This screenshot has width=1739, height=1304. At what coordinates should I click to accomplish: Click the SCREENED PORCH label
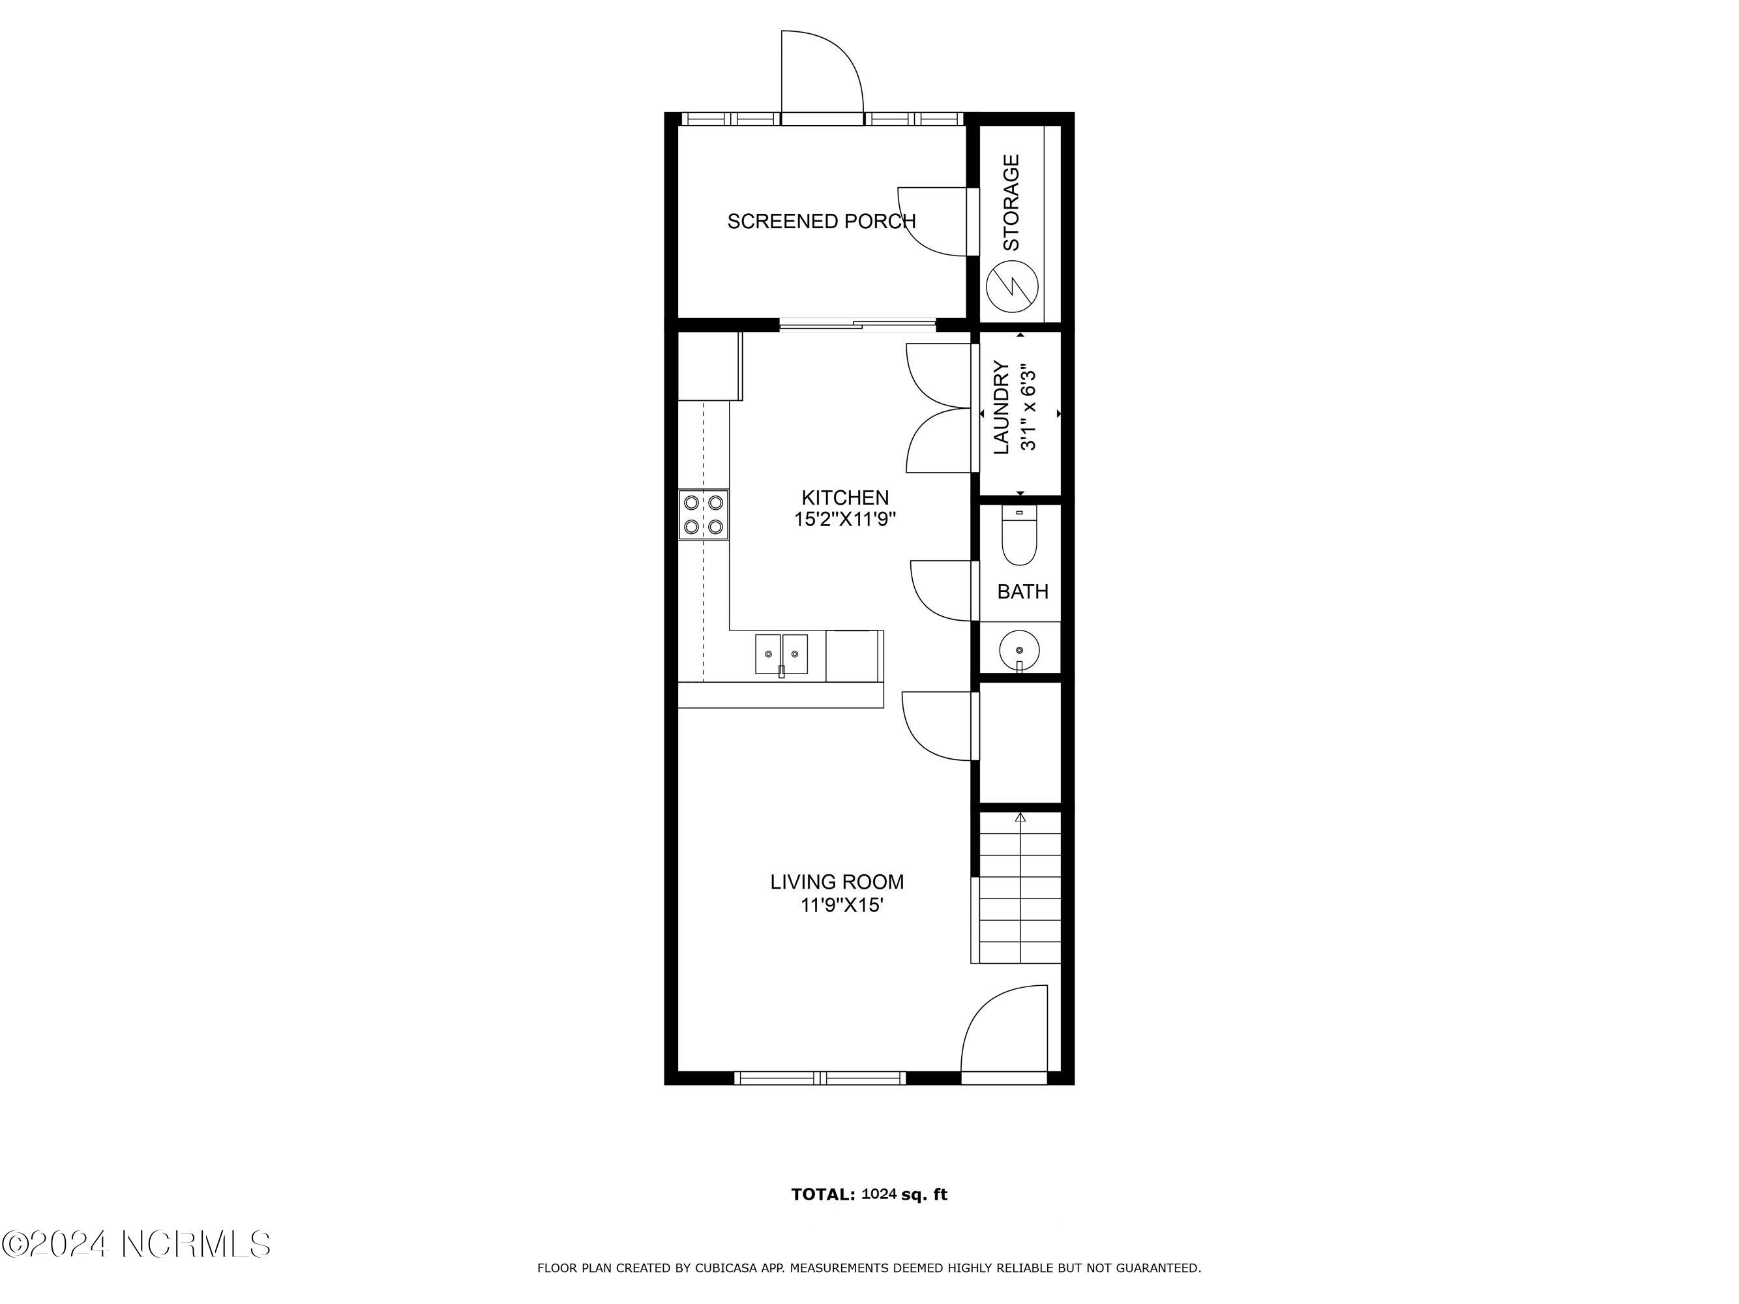[x=822, y=222]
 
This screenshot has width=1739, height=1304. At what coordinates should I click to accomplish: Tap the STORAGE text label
[x=1011, y=203]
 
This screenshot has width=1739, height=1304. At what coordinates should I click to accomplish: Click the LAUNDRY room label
[x=1002, y=407]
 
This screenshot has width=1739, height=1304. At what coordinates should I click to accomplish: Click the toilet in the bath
[x=1020, y=535]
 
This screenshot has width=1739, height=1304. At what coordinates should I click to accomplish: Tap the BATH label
[x=1023, y=592]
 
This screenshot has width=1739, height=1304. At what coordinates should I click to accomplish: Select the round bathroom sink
[x=1020, y=651]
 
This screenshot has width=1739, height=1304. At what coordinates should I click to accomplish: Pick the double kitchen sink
[x=781, y=654]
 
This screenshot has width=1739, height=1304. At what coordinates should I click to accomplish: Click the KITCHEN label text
[x=845, y=497]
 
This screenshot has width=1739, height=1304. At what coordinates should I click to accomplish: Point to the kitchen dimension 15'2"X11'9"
[x=845, y=520]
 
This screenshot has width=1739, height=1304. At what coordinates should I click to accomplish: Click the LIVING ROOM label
[x=837, y=882]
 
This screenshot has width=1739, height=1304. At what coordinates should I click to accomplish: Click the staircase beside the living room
[x=1020, y=888]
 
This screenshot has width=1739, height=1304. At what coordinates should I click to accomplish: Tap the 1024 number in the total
[x=879, y=1194]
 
